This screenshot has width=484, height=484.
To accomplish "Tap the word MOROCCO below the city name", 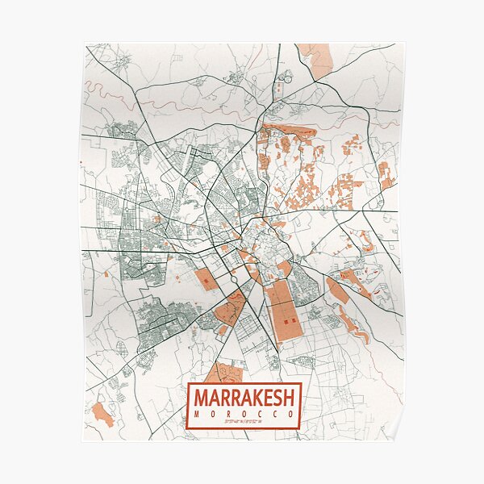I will pos(244,414).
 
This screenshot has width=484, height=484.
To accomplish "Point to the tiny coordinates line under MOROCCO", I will pos(244,422).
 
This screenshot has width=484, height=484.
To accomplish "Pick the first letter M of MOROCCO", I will pos(195,414).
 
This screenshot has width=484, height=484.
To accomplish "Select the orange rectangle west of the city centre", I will pos(206,280).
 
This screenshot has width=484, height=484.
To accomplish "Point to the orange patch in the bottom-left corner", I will pos(102,414).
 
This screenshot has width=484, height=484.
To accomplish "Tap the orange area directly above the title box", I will pos(224,373).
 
